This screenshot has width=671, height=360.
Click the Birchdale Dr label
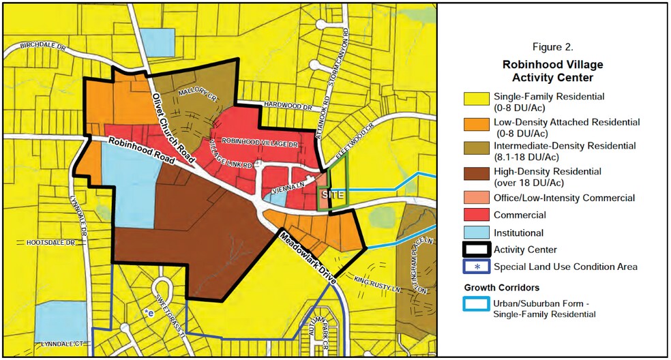click(x=42, y=47)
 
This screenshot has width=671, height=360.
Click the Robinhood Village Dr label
click(x=260, y=144)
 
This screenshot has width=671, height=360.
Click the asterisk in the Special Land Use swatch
click(x=476, y=267)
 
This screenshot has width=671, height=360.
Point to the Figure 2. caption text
click(x=552, y=48)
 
